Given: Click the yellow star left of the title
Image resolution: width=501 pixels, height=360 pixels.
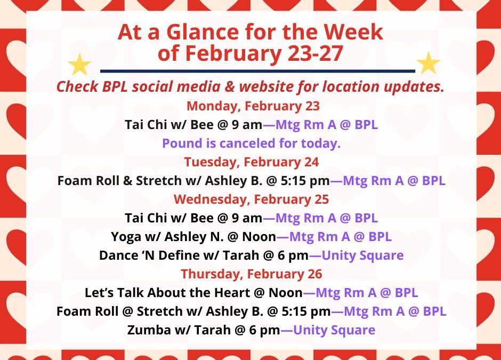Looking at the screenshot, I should [79, 65].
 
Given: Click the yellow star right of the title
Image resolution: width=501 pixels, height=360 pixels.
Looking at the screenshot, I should [428, 63].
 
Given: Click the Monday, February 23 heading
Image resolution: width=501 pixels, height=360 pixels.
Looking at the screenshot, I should [253, 106].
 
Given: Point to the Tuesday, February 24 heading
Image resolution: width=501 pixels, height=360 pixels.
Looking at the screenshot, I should [252, 162].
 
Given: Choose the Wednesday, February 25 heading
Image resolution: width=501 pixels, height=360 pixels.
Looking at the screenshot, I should [251, 199].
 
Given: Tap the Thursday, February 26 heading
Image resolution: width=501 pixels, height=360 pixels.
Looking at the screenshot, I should [252, 274].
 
